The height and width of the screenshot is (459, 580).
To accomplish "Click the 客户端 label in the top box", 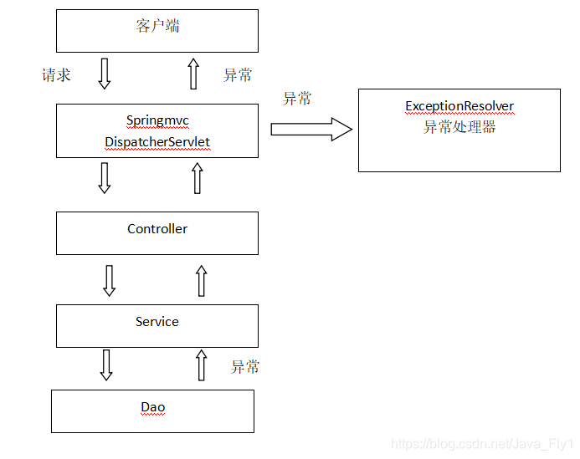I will pyautogui.click(x=157, y=26).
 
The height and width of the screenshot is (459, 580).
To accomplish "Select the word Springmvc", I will pyautogui.click(x=157, y=120).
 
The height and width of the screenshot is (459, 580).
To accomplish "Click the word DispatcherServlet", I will pyautogui.click(x=157, y=142).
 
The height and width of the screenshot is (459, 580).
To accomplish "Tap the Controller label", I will pyautogui.click(x=157, y=229).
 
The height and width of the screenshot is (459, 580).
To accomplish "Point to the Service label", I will pyautogui.click(x=157, y=321).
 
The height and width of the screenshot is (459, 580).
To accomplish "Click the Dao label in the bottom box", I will pyautogui.click(x=153, y=407).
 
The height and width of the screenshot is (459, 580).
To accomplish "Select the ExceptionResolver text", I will pyautogui.click(x=459, y=106).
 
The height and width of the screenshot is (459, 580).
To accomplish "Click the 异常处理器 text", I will pyautogui.click(x=459, y=127).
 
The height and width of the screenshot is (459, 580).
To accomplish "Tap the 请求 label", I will pyautogui.click(x=57, y=75).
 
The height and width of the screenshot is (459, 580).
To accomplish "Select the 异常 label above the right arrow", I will pyautogui.click(x=297, y=99).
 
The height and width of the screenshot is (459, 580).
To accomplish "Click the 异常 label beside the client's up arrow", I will pyautogui.click(x=238, y=75).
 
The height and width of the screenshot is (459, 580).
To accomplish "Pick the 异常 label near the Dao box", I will pyautogui.click(x=245, y=367).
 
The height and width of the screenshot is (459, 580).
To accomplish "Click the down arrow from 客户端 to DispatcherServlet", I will pyautogui.click(x=105, y=74).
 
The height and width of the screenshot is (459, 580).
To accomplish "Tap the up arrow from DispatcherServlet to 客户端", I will pyautogui.click(x=193, y=74).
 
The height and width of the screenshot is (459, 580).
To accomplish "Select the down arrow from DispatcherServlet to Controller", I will pyautogui.click(x=105, y=178).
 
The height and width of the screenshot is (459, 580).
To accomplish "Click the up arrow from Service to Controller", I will pyautogui.click(x=201, y=280).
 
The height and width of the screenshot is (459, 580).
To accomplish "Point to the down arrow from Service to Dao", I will pyautogui.click(x=106, y=365).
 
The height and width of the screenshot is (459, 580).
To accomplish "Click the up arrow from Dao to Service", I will pyautogui.click(x=201, y=365).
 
